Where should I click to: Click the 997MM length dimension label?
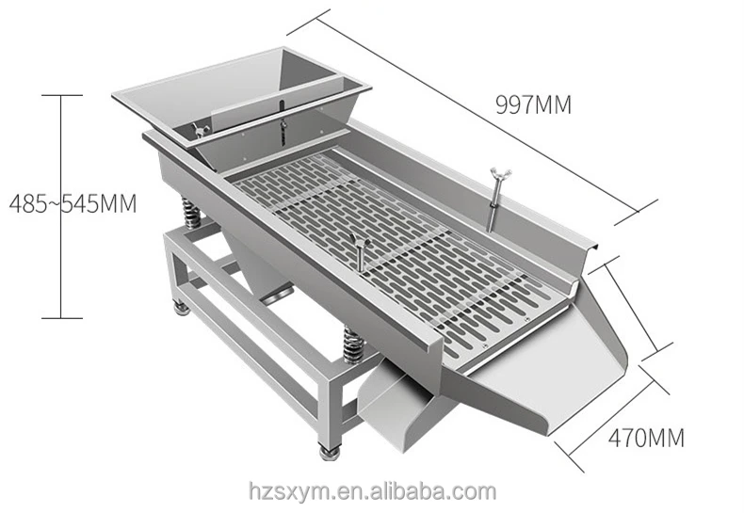click(534, 104)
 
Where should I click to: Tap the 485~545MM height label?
click(72, 201)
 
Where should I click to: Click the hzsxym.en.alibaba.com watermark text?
click(371, 490)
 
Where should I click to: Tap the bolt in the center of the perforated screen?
click(356, 248)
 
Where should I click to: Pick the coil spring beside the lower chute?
click(354, 345)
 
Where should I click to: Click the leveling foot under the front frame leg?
click(330, 454)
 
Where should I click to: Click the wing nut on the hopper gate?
click(199, 130)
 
